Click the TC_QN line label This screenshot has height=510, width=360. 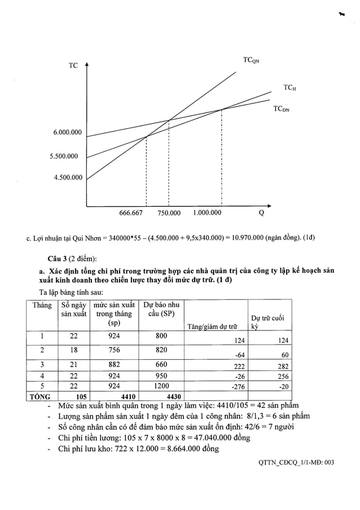click(x=252, y=60)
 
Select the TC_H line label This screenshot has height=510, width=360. click(x=290, y=88)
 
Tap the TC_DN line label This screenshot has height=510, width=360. click(x=281, y=109)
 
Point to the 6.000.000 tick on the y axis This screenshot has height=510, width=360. click(x=68, y=133)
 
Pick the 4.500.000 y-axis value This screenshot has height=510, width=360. click(x=68, y=178)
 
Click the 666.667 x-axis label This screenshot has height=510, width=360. click(x=131, y=213)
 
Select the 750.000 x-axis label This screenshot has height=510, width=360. click(x=169, y=213)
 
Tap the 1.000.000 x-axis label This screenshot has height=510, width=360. click(x=207, y=213)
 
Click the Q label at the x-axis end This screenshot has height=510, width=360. click(x=261, y=213)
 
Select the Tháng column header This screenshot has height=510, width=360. click(x=42, y=305)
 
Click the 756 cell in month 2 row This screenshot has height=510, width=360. click(x=114, y=350)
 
